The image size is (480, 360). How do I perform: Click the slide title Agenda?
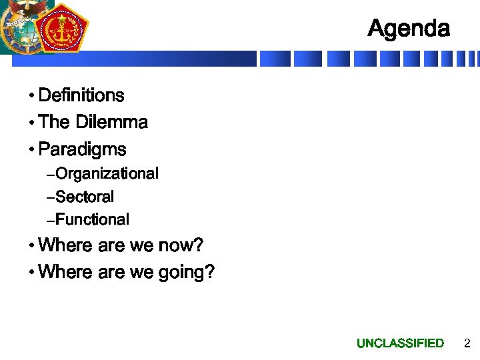[409, 29]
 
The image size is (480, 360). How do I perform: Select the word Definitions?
[81, 95]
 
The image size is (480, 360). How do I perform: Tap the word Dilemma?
[111, 122]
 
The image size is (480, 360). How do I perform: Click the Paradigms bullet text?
[82, 149]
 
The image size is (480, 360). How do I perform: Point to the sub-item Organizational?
[107, 174]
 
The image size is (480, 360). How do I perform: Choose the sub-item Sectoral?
[85, 197]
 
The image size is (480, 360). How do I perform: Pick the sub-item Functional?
[92, 219]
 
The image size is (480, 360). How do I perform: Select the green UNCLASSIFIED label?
[400, 343]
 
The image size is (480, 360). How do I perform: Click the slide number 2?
[467, 343]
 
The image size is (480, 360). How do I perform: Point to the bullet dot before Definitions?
[31, 97]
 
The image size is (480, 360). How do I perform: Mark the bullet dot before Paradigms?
[31, 150]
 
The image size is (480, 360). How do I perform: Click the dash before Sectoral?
[51, 198]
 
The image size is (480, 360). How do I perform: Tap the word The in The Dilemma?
[55, 122]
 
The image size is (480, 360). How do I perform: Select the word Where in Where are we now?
[66, 245]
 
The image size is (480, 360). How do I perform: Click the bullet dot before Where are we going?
[31, 273]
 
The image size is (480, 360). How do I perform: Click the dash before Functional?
[51, 221]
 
